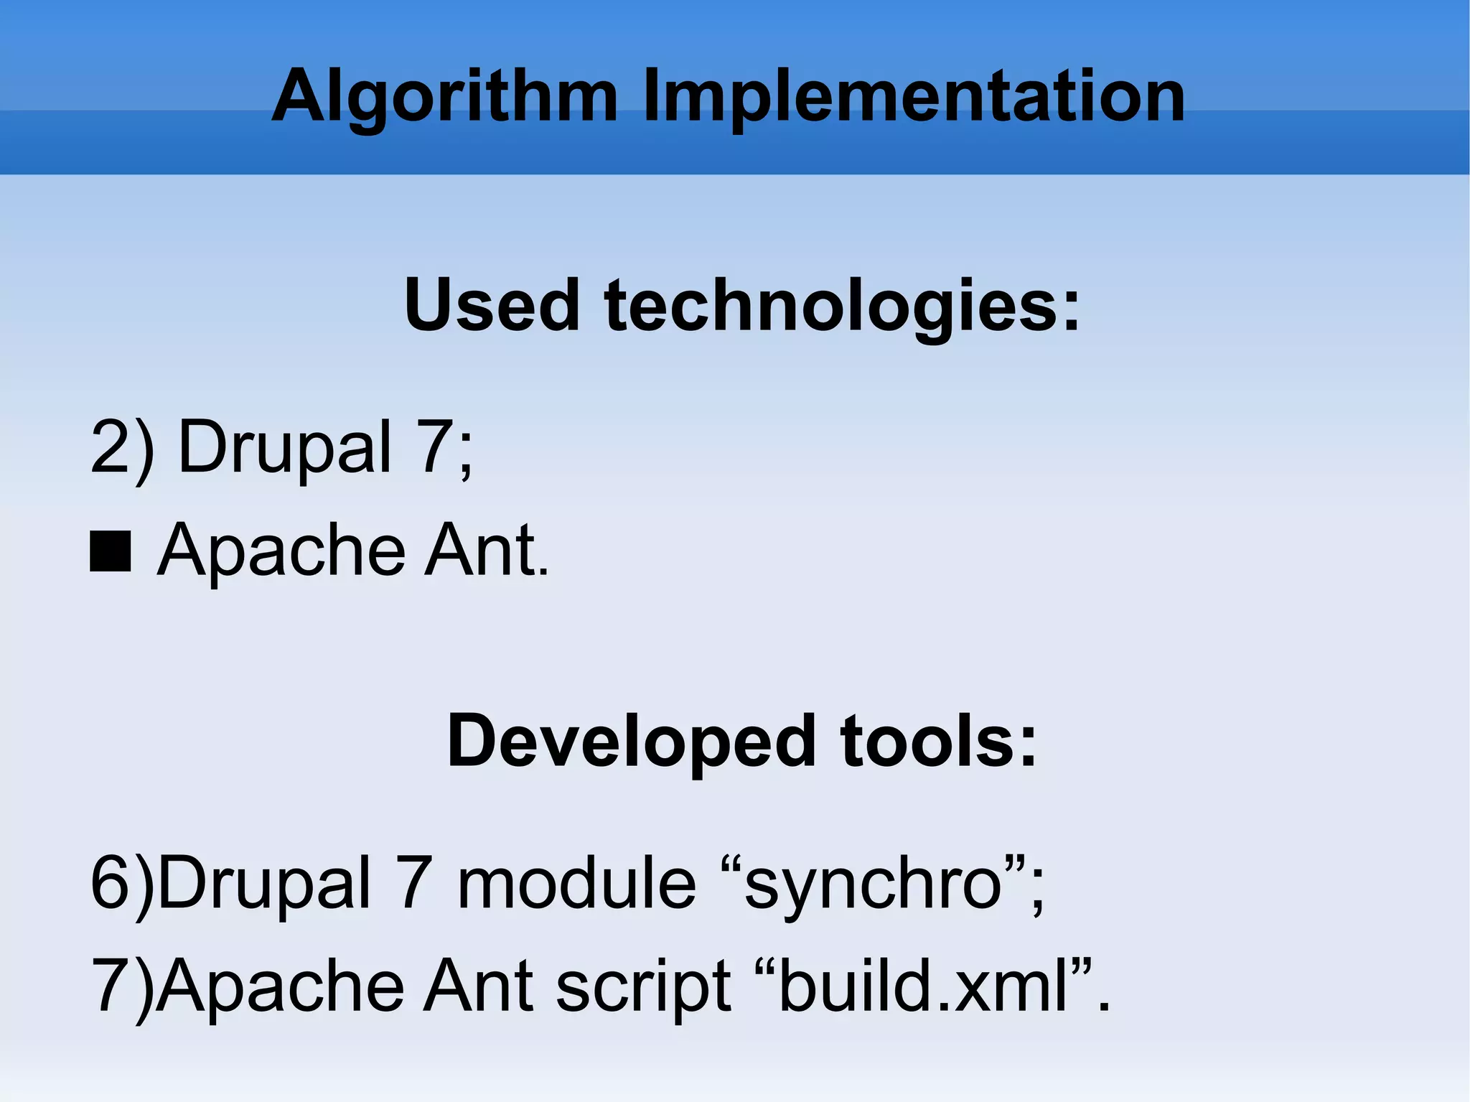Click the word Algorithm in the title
[x=444, y=97]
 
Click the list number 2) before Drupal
[x=122, y=447]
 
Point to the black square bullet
[x=111, y=551]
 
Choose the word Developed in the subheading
[x=631, y=741]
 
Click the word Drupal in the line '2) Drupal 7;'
[x=284, y=447]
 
